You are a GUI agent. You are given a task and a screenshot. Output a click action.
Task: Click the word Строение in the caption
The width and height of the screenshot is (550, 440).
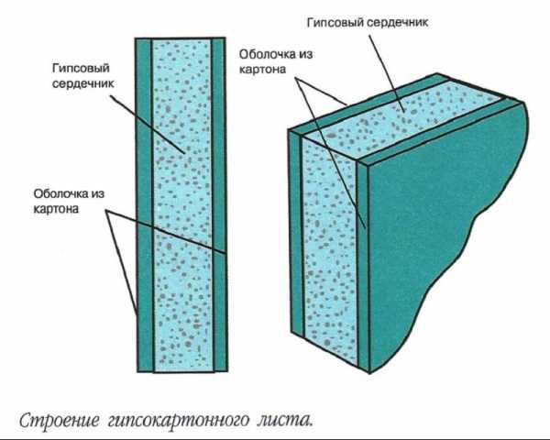(60, 421)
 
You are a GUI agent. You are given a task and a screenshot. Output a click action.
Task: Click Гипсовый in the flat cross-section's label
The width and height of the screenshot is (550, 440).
(81, 68)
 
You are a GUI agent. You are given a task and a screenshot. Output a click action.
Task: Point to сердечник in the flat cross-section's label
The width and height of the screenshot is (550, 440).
(82, 84)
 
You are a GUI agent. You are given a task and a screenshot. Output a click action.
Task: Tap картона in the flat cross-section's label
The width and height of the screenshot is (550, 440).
(56, 209)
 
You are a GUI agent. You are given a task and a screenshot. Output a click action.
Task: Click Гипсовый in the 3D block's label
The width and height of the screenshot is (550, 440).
(335, 23)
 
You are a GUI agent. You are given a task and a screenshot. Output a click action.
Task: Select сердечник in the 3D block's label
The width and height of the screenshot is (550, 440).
(397, 22)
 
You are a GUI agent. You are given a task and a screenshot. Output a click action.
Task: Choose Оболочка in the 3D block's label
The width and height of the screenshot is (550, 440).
(268, 54)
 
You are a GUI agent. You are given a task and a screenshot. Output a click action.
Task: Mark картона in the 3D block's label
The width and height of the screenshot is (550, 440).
(262, 70)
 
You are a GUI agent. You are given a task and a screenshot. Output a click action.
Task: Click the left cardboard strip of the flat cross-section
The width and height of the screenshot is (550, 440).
(144, 204)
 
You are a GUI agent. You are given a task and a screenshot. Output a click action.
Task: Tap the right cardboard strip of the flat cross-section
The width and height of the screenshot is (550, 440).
(219, 204)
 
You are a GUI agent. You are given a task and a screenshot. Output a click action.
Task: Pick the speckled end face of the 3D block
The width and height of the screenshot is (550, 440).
(330, 246)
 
